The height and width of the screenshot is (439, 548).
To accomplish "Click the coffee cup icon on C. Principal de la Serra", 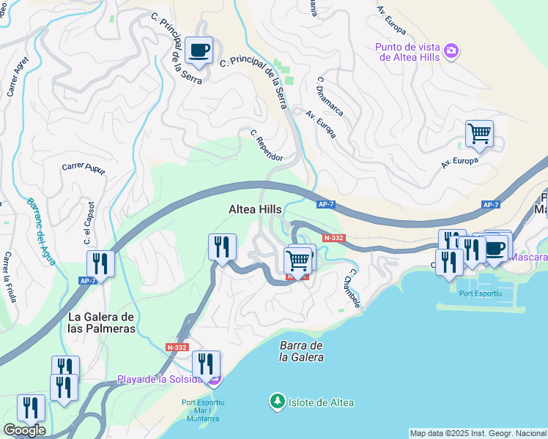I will [x=199, y=50].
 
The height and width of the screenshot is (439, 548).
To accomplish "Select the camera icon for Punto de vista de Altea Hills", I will [x=452, y=50].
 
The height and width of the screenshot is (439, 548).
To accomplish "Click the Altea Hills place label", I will [x=254, y=209].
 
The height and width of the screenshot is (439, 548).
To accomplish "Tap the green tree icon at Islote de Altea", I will [x=277, y=402].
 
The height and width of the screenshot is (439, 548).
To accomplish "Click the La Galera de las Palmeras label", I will [x=101, y=323].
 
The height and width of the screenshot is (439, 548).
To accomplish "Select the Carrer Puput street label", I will [x=84, y=168].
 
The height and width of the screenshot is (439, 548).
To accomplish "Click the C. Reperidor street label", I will [x=265, y=145].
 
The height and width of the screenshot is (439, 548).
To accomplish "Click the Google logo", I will [x=24, y=430].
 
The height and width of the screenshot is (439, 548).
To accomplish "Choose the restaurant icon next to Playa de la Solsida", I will [x=205, y=364].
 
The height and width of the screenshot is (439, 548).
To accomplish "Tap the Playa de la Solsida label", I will [x=160, y=380].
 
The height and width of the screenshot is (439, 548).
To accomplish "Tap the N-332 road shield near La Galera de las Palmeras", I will [x=177, y=348].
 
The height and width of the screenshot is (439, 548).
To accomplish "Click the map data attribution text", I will [x=478, y=433].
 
